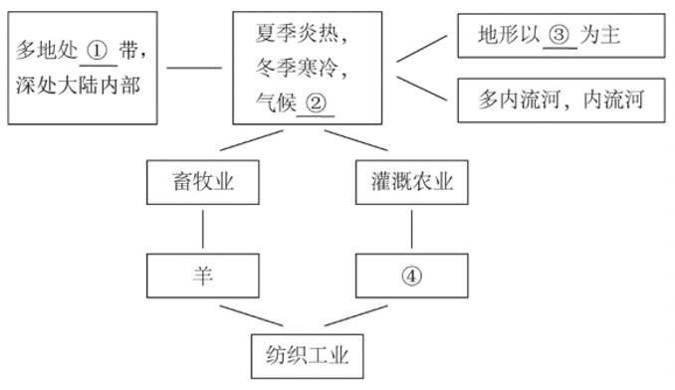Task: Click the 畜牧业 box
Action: [203, 183]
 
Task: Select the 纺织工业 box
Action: [309, 353]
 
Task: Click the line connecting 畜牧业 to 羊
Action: [203, 230]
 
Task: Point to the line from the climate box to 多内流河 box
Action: [418, 88]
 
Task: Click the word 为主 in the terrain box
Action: [608, 37]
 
